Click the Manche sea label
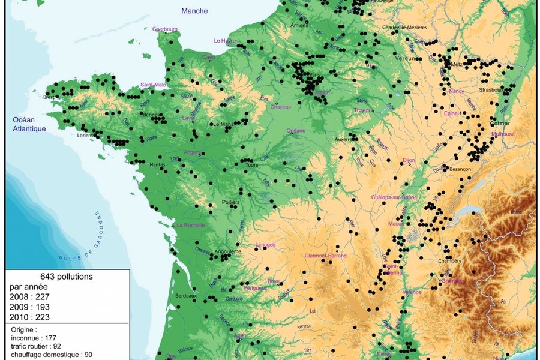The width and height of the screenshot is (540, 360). coord(194,11)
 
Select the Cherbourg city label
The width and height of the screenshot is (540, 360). coord(165,29)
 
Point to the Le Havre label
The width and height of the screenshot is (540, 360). coord(224,41)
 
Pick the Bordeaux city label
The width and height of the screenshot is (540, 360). coord(186,296)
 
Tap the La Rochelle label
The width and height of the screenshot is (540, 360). coord(190,225)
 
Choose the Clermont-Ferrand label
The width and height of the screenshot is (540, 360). coord(326,256)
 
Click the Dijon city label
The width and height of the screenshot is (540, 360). coord(409,160)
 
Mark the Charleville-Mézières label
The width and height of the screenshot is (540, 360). coord(406,27)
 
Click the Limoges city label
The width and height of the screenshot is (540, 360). coord(265,245)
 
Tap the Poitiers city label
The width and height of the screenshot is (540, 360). coord(230,202)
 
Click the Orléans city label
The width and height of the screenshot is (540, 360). coord(295,130)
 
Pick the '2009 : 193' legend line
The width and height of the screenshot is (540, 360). coord(29,307)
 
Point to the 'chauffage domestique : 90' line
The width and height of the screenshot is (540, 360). coord(52,355)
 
